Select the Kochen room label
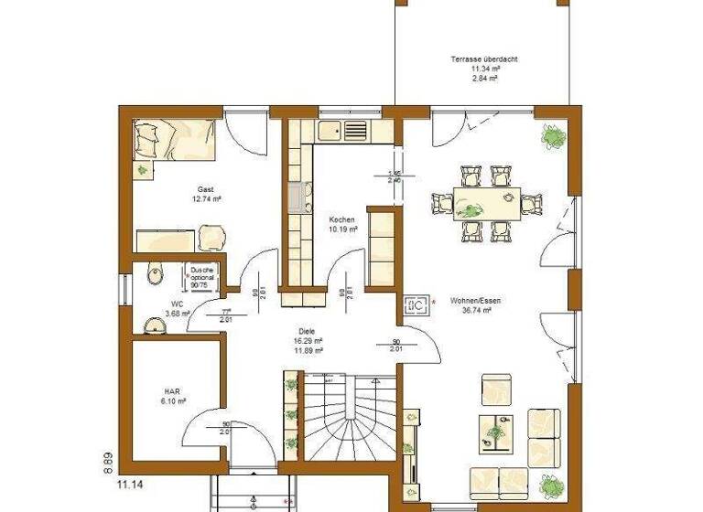(x=341, y=220)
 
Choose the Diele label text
(x=306, y=331)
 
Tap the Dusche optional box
(x=201, y=277)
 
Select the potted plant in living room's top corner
(x=554, y=138)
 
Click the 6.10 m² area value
(x=174, y=401)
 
